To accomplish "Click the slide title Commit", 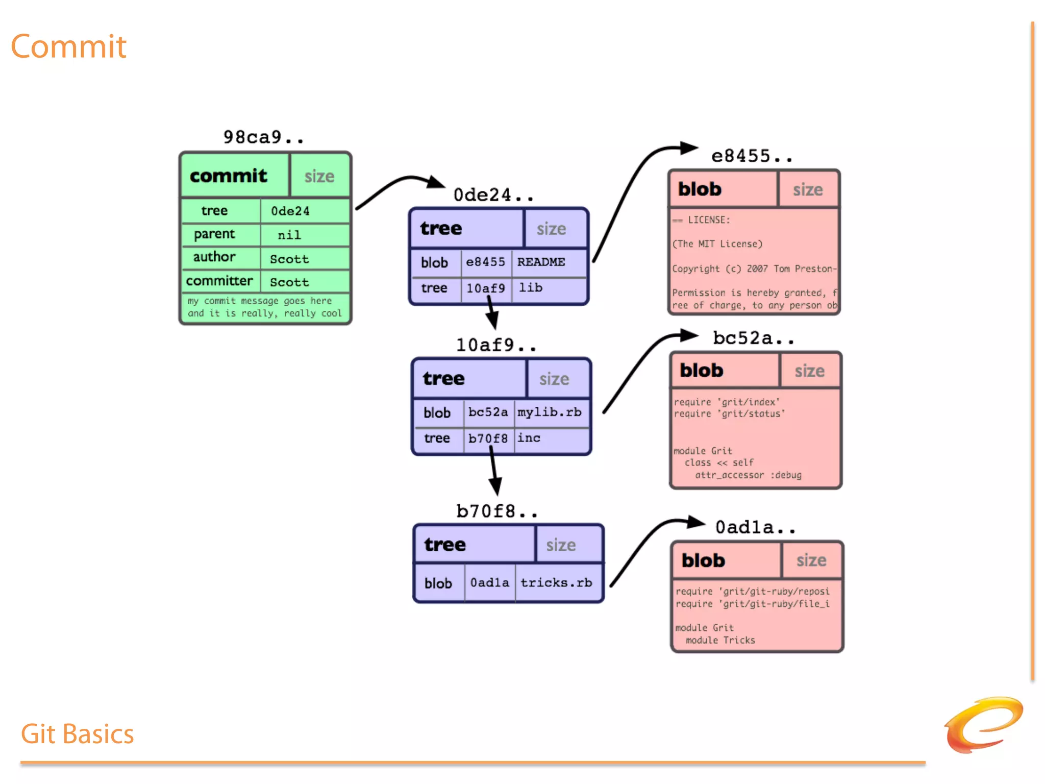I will (68, 47).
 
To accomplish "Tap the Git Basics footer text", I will (77, 734).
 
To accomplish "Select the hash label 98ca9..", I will (263, 137).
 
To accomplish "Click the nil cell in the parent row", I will (289, 235).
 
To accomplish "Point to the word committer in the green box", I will (219, 281).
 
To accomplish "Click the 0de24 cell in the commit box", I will (290, 211).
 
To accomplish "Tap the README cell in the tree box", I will (541, 262).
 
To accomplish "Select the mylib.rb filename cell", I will (550, 412).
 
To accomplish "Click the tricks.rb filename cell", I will (556, 582).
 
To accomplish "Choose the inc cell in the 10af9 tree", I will (529, 438).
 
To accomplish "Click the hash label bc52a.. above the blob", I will (753, 338).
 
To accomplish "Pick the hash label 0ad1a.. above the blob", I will (755, 527).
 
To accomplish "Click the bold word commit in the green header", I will (228, 176).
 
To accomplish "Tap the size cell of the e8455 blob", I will (808, 190).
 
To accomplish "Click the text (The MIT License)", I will (717, 244).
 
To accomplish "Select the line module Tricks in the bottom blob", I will (720, 640).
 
